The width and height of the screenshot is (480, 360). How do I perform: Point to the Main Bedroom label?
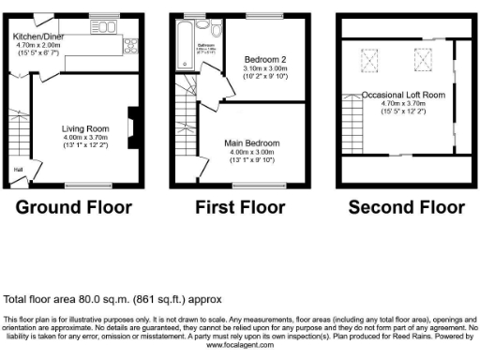(252, 142)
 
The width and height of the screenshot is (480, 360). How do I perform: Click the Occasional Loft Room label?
(404, 95)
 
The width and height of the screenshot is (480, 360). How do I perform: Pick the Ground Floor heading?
(75, 207)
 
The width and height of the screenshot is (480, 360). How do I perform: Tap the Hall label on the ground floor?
(17, 170)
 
